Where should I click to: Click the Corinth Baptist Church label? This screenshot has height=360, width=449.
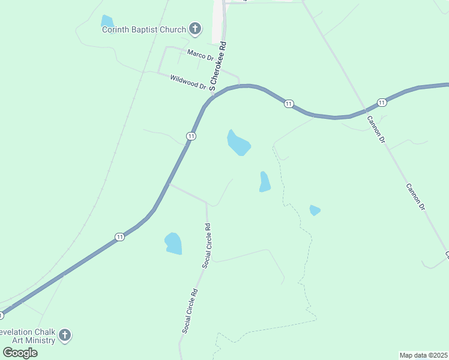click(143, 29)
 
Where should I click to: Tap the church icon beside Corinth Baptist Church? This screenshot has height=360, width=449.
click(194, 28)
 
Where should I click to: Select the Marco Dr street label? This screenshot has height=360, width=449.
click(200, 55)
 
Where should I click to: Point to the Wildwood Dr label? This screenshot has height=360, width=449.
click(188, 82)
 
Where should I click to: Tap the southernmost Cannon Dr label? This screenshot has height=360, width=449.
click(415, 197)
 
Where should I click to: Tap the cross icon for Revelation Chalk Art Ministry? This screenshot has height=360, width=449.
click(65, 335)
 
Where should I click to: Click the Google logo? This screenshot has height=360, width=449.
click(20, 353)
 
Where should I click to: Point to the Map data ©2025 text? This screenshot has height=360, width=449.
click(423, 355)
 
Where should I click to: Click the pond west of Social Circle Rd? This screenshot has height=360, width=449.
click(173, 243)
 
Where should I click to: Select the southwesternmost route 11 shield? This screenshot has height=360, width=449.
click(120, 237)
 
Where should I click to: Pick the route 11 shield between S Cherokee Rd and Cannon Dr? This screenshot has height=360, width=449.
click(289, 104)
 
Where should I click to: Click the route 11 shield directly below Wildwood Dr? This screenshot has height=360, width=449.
click(191, 136)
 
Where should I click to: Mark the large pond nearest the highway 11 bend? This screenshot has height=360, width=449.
click(238, 143)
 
